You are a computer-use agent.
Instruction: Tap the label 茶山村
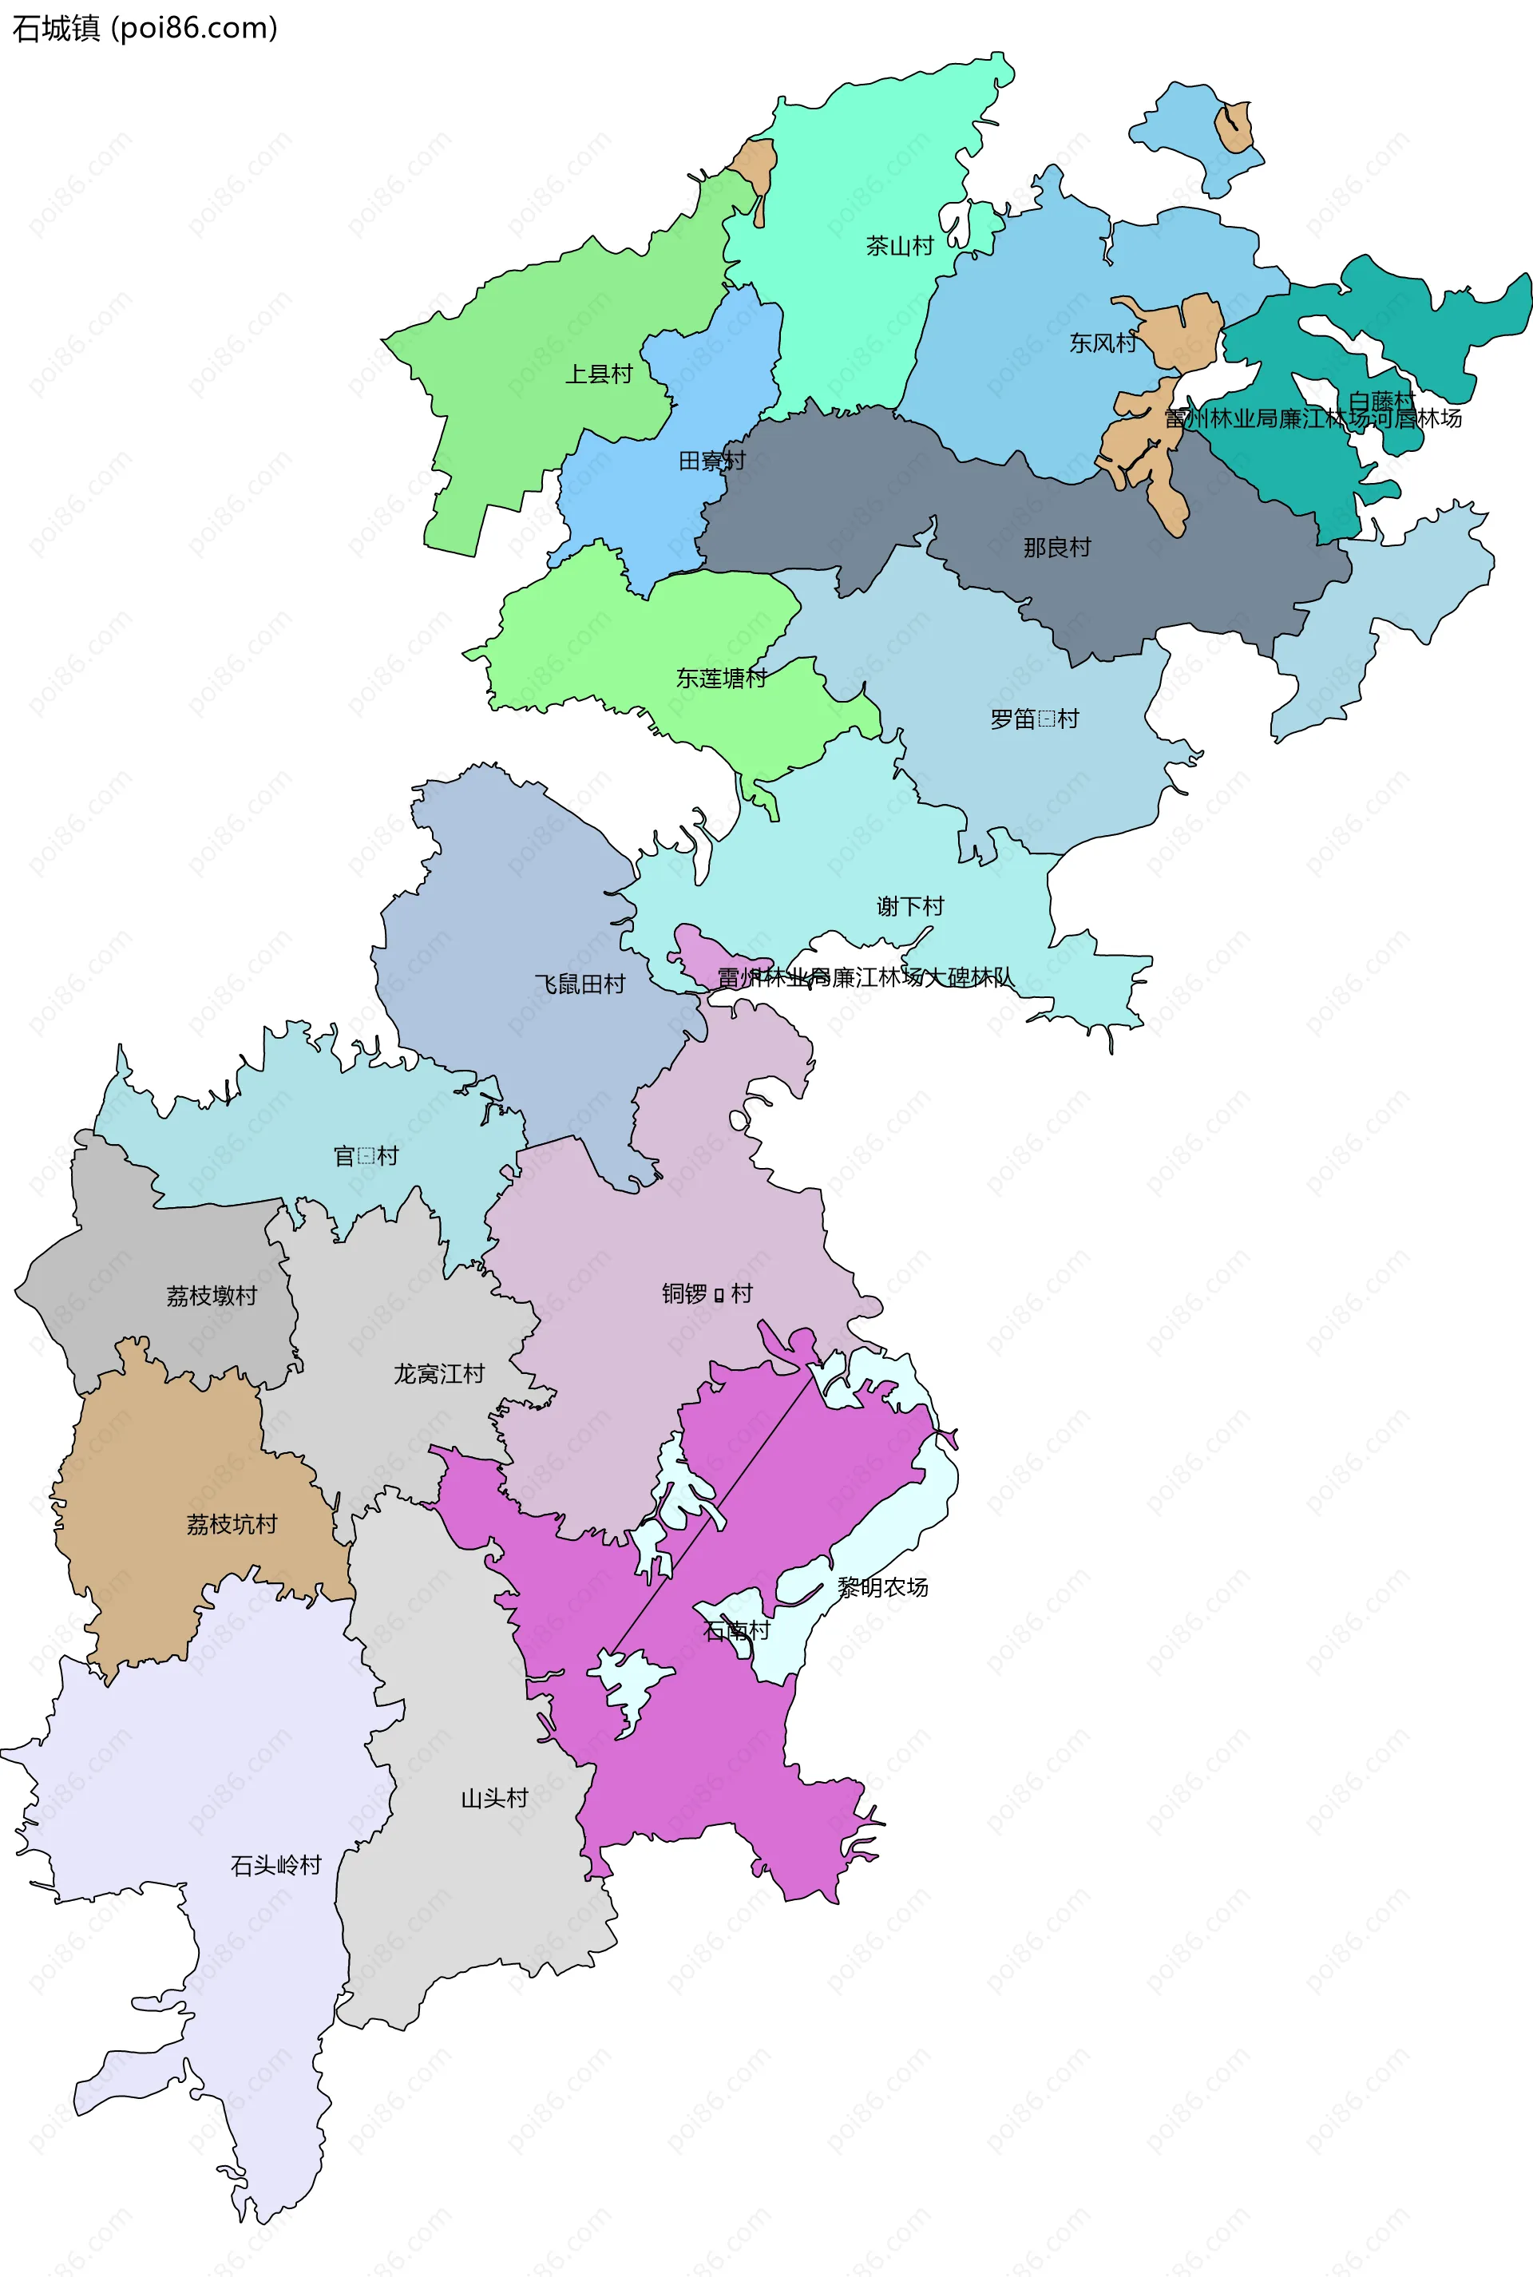pos(900,245)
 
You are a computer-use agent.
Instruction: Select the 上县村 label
pos(598,374)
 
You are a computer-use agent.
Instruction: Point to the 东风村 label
pos(1102,343)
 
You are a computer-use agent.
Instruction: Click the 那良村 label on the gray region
pos(1056,548)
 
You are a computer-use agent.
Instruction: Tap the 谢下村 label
pos(910,906)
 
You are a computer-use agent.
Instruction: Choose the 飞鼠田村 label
pos(580,984)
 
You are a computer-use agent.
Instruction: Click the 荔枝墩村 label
pos(211,1296)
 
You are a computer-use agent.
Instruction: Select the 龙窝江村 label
pos(439,1374)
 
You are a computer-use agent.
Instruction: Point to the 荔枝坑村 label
pos(232,1524)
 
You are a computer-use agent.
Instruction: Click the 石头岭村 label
pos(275,1865)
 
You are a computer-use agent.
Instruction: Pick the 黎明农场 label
pos(883,1586)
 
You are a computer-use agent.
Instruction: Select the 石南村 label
pos(737,1630)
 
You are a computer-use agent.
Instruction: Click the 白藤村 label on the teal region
pos(1380,401)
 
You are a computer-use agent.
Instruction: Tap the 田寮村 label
pos(711,461)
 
